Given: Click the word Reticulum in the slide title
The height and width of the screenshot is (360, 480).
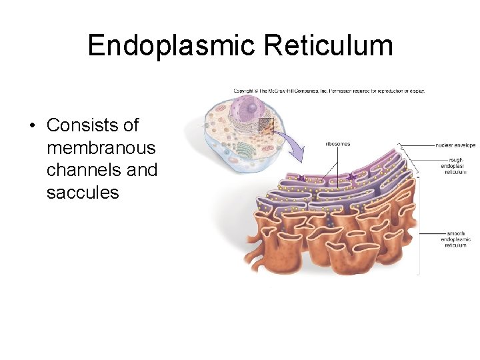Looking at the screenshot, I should point(327,46).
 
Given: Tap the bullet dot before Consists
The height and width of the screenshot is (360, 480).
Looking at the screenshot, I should point(31,125).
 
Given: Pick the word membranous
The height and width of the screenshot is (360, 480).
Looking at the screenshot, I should point(101,148).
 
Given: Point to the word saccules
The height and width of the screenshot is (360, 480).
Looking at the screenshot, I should point(83,193).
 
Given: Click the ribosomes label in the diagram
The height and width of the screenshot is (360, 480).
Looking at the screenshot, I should point(337,144).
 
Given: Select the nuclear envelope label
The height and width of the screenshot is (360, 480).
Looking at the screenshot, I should point(455,145).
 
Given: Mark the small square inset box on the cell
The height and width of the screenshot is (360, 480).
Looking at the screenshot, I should point(266,125).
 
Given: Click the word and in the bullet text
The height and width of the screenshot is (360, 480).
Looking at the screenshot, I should point(142,170).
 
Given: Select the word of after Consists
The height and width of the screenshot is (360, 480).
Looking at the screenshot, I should point(131,125).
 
